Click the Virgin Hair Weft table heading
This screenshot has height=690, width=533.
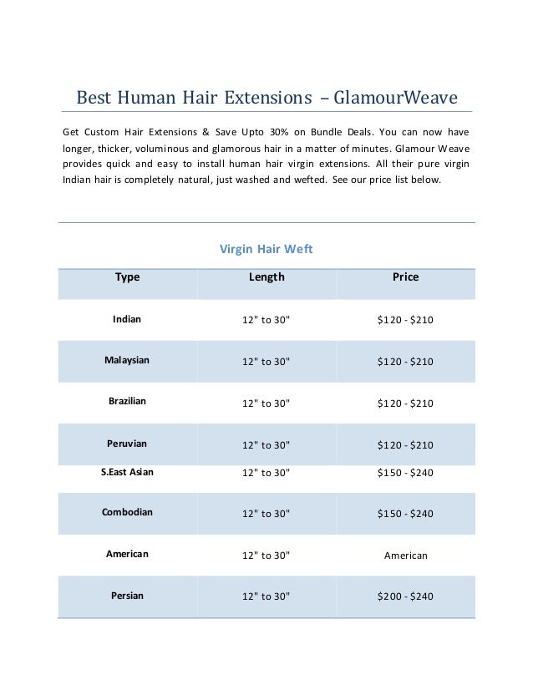[x=266, y=249]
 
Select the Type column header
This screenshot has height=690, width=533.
[x=127, y=277]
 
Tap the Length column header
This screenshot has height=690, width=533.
[x=266, y=277]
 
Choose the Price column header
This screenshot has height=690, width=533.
[x=405, y=277]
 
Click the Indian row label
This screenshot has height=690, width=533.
[x=127, y=319]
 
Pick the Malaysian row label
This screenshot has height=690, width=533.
[x=127, y=360]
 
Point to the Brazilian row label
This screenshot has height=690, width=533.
[x=127, y=401]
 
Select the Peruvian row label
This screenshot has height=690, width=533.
[x=127, y=443]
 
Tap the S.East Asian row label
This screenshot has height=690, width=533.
[x=127, y=471]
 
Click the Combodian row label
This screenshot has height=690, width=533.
[x=127, y=512]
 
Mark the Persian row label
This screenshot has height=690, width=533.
[x=127, y=596]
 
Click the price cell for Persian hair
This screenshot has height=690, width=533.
[x=405, y=596]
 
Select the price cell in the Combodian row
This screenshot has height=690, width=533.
[x=405, y=513]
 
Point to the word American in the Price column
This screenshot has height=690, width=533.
[x=405, y=555]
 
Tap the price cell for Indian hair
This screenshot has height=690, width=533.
[x=405, y=320]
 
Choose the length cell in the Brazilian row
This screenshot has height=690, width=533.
[x=266, y=403]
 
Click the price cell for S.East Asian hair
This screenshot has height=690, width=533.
[x=405, y=472]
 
